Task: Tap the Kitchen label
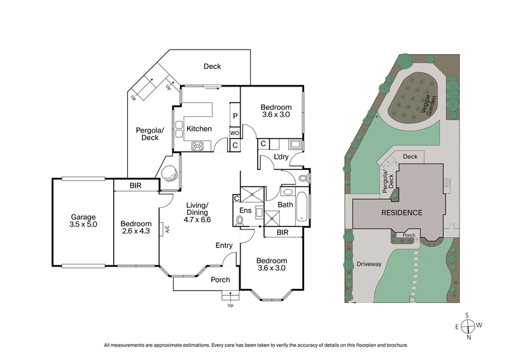[199, 129]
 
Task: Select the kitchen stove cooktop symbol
[198, 145]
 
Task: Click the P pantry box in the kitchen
[235, 116]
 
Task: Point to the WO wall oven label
[235, 133]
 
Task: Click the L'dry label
[282, 157]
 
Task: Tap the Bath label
[284, 205]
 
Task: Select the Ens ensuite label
[245, 211]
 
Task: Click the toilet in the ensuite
[240, 220]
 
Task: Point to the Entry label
[224, 246]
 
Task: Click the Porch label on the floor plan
[221, 279]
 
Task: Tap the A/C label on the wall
[164, 229]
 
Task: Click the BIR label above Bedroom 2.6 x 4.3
[135, 186]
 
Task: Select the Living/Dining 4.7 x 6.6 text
[198, 212]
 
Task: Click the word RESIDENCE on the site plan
[401, 212]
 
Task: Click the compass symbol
[468, 326]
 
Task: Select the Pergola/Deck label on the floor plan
[150, 134]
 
